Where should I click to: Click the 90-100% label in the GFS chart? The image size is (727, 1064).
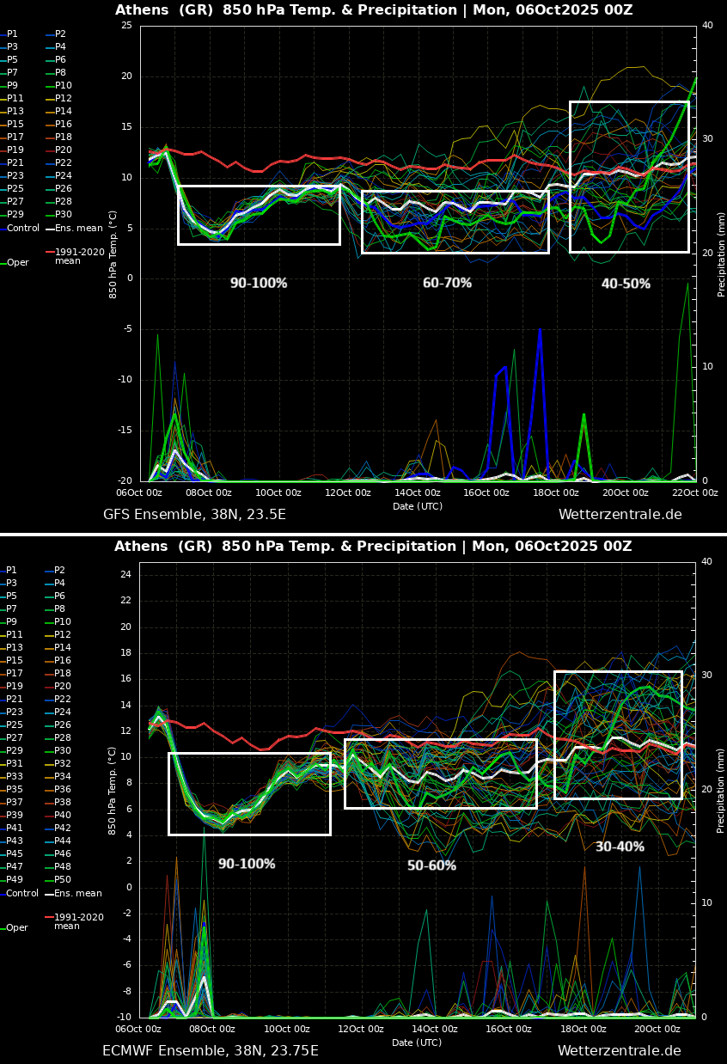pyautogui.click(x=258, y=283)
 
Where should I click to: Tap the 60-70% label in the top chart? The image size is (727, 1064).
pyautogui.click(x=447, y=283)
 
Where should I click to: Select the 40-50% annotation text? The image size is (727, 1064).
pyautogui.click(x=626, y=284)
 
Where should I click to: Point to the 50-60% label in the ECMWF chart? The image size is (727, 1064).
pyautogui.click(x=431, y=865)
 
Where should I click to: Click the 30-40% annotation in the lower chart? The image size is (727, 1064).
pyautogui.click(x=620, y=847)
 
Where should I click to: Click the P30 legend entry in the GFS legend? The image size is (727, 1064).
pyautogui.click(x=64, y=215)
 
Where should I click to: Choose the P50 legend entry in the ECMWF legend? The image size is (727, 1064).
pyautogui.click(x=63, y=879)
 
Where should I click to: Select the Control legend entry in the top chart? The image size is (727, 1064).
pyautogui.click(x=23, y=229)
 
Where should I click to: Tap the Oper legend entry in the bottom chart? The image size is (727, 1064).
pyautogui.click(x=17, y=928)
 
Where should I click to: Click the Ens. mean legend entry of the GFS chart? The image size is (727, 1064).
pyautogui.click(x=78, y=229)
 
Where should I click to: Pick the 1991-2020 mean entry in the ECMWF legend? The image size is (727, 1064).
pyautogui.click(x=78, y=921)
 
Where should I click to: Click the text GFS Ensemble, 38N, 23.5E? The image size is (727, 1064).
pyautogui.click(x=194, y=515)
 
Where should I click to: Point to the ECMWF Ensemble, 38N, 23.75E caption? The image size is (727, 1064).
pyautogui.click(x=210, y=1051)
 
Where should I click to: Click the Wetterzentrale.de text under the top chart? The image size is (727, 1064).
pyautogui.click(x=620, y=515)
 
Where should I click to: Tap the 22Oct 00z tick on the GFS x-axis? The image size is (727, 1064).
pyautogui.click(x=694, y=492)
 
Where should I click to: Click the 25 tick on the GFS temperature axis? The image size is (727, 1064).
pyautogui.click(x=126, y=26)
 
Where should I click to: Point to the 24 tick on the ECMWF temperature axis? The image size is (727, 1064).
pyautogui.click(x=125, y=574)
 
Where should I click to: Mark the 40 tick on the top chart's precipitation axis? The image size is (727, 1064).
pyautogui.click(x=707, y=26)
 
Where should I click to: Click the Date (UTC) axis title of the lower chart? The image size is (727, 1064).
pyautogui.click(x=418, y=1043)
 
